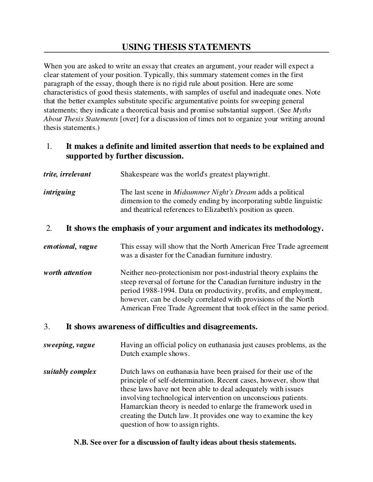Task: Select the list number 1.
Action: click(x=49, y=146)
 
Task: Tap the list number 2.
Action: click(x=49, y=227)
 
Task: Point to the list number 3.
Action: click(x=48, y=327)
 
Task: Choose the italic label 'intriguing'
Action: click(x=60, y=192)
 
